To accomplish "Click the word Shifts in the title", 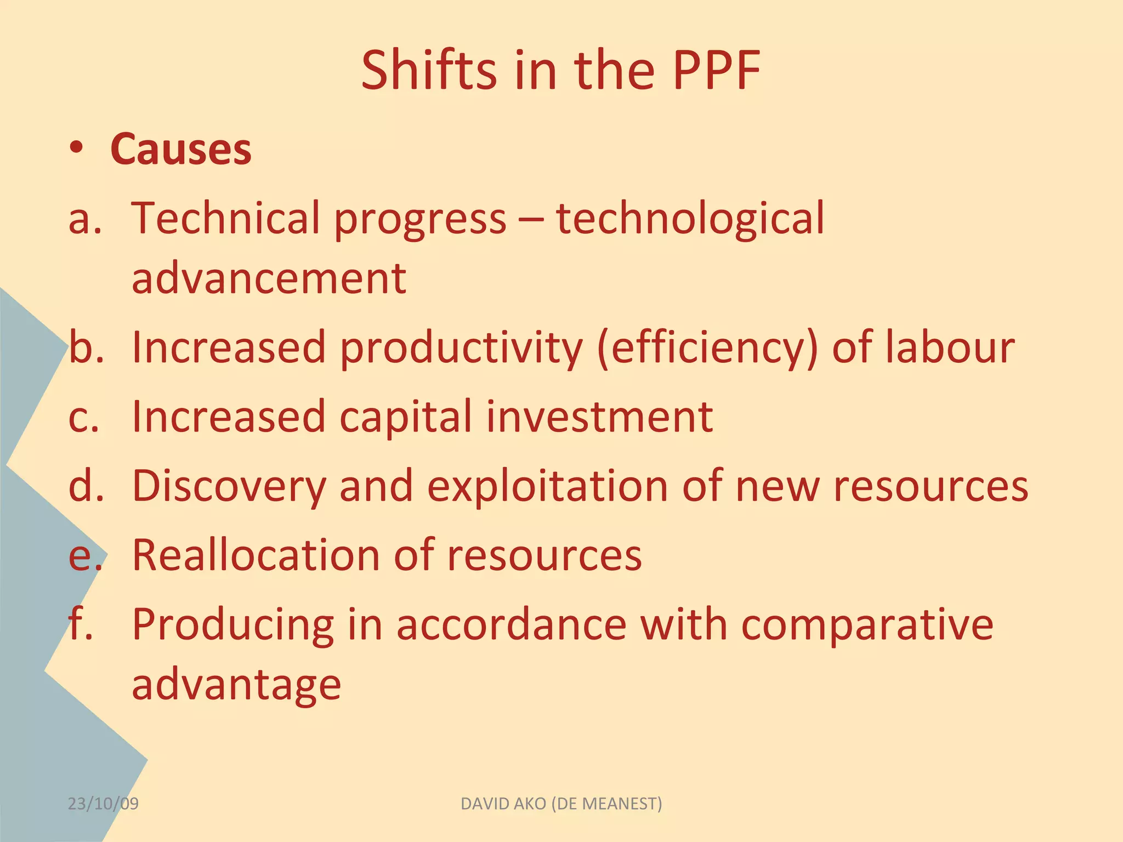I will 429,70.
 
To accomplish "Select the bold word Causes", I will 181,149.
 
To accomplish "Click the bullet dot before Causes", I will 77,148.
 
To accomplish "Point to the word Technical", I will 225,218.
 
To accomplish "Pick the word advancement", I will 269,278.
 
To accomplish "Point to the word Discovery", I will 229,487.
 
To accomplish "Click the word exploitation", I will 548,487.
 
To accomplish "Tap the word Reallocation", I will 256,555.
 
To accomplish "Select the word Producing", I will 233,625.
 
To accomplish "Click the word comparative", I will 867,625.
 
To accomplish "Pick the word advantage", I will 236,685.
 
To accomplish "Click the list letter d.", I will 84,486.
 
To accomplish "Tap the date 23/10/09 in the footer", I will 103,804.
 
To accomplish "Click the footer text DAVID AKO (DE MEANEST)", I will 561,804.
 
